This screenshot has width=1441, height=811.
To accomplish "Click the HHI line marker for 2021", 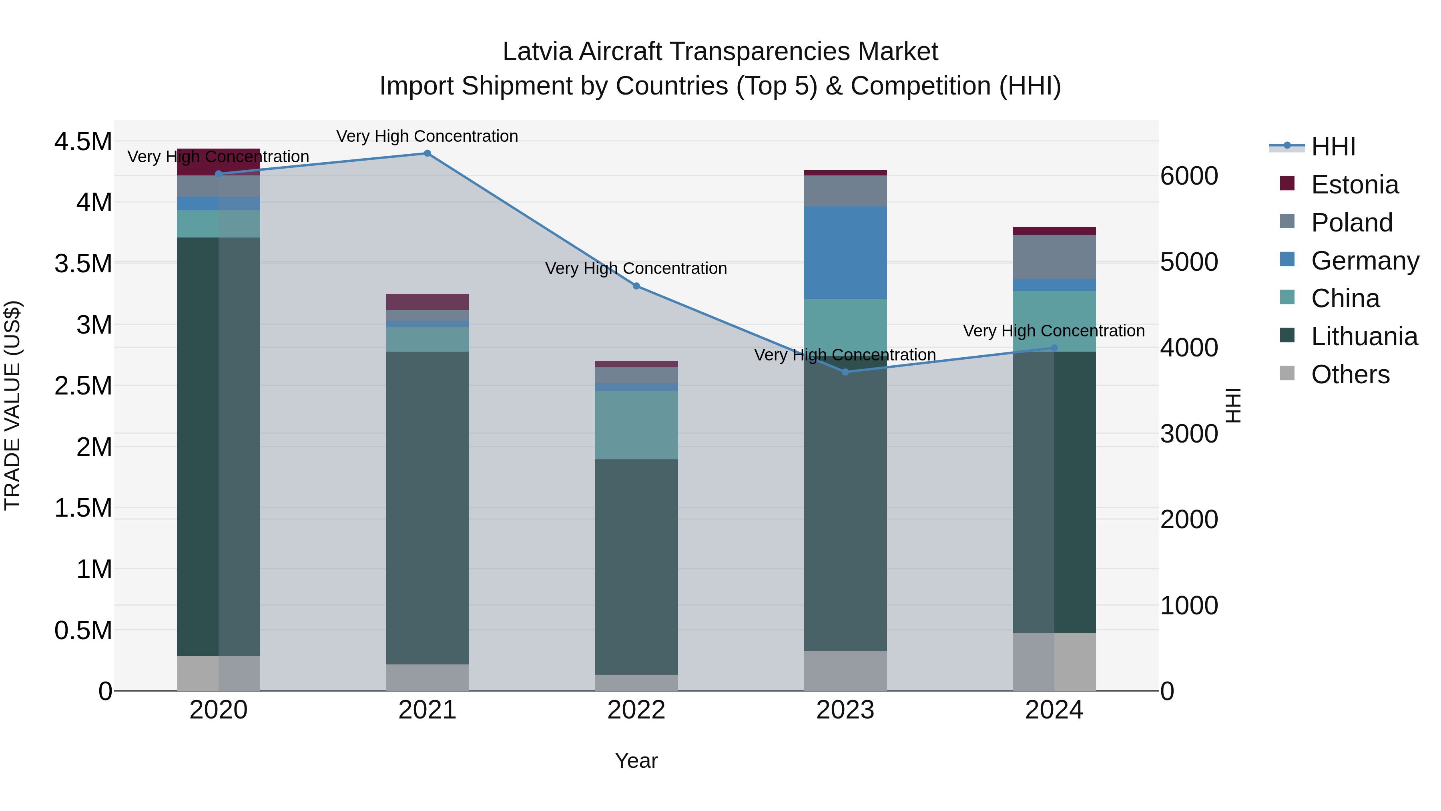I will pos(427,153).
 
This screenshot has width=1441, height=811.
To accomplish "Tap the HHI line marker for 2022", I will pos(636,286).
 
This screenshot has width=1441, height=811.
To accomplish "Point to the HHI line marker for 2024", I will pos(1054,348).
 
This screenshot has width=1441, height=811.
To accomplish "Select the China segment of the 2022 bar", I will pos(636,425).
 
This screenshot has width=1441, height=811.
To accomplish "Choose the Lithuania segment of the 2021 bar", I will pos(427,508).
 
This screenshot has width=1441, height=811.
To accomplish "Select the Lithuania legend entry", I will pos(1364,337).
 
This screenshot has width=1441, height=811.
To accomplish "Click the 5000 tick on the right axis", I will pos(1189,262).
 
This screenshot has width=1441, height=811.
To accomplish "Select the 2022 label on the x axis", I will pos(636,710).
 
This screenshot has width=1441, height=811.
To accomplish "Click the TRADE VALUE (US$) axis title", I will pos(13,406).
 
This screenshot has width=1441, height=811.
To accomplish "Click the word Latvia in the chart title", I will pos(537,52).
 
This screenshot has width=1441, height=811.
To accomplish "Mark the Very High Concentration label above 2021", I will pos(427,137).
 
